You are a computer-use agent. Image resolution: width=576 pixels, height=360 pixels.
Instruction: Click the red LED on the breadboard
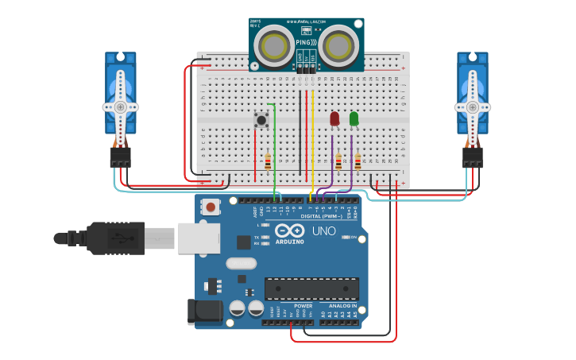[x=334, y=118]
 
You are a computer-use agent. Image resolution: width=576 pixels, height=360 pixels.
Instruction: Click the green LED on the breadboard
[x=354, y=118]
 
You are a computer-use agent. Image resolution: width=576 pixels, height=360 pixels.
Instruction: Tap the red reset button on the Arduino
[x=211, y=207]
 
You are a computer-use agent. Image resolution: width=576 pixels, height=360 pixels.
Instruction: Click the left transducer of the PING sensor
[x=277, y=45]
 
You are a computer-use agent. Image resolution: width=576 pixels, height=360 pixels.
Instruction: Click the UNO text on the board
[x=323, y=231]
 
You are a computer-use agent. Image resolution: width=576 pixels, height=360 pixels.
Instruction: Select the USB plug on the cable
[x=119, y=238]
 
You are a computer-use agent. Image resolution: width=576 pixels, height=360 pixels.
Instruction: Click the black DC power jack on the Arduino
[x=204, y=312]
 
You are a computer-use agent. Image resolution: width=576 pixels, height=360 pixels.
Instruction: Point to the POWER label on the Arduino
[x=303, y=305]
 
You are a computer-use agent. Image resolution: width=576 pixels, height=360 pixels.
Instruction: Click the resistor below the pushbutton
[x=268, y=162]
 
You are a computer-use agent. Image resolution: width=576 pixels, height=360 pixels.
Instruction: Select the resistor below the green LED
[x=358, y=162]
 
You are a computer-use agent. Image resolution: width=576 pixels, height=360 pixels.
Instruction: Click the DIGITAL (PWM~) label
[x=321, y=216]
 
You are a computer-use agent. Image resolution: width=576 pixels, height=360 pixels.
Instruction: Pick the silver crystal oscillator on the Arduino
[x=241, y=263]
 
